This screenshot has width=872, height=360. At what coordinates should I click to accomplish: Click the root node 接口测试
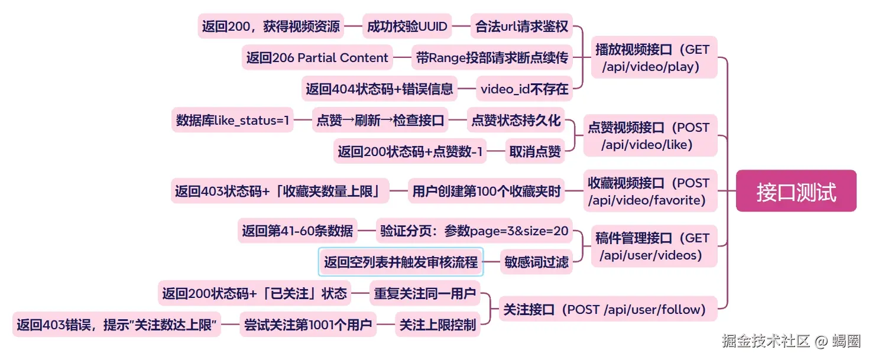pos(796,191)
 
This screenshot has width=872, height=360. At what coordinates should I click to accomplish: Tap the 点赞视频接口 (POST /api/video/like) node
pos(649,135)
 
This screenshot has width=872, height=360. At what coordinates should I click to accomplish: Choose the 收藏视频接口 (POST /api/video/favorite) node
pos(649,191)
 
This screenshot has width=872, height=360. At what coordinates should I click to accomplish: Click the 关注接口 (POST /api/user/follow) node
pos(607,309)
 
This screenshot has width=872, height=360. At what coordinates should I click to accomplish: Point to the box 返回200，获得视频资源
pos(271,26)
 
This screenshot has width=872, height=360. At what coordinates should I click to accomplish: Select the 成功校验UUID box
pos(407,26)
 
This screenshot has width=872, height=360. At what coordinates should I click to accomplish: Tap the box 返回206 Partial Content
pos(317,58)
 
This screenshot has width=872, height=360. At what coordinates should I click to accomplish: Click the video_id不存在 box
pos(524,89)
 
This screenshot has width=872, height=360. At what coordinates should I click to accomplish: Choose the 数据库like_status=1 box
pos(233,120)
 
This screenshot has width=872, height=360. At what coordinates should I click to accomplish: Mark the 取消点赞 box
pos(535,151)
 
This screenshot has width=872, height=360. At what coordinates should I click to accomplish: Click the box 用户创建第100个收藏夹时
pos(487,191)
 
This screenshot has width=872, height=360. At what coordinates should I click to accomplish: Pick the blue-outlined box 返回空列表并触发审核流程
pos(401,262)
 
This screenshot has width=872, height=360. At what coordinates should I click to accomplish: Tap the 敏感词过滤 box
pos(536,262)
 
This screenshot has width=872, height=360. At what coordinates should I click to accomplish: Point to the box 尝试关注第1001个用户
pos(308,325)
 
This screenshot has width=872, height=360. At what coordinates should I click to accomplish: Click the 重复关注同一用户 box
pos(424,293)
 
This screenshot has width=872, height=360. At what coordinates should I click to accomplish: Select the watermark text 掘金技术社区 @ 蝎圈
pos(790,341)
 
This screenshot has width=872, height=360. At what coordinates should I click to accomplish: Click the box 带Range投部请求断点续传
pos(492,58)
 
